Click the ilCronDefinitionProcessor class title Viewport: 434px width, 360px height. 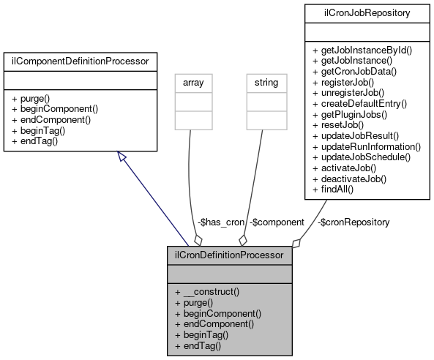[x=229, y=255]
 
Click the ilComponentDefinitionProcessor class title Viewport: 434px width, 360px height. [x=80, y=61]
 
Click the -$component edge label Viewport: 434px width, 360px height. [x=277, y=222]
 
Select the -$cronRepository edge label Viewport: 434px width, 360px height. [x=353, y=222]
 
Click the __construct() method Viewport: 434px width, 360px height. [x=206, y=291]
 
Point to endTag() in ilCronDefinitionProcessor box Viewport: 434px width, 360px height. [x=198, y=345]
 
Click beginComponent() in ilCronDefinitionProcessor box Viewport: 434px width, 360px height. [x=217, y=312]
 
